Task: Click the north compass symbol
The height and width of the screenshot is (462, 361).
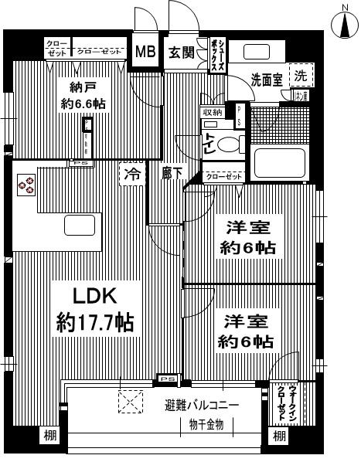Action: [x=345, y=25]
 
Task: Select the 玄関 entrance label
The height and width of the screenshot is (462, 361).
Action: [x=182, y=53]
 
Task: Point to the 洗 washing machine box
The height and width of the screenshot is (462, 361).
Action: [x=301, y=76]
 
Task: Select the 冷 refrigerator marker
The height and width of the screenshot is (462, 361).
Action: [x=133, y=175]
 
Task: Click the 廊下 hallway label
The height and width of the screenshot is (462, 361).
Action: [x=171, y=175]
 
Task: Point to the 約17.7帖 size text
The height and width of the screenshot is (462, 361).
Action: [x=94, y=322]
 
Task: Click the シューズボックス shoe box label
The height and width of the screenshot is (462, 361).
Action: [x=220, y=57]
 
